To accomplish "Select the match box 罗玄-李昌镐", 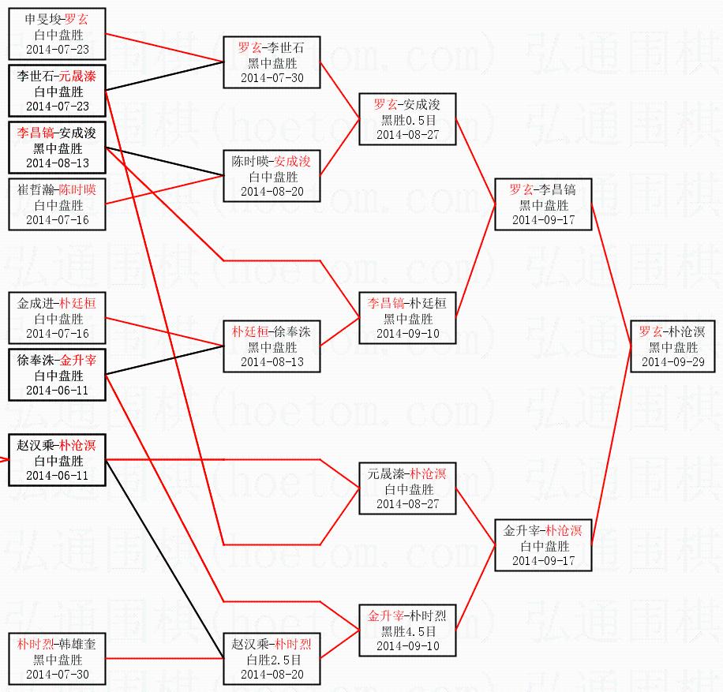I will [542, 204].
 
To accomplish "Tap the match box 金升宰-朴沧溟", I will [542, 545].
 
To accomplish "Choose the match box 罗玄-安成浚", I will [407, 119].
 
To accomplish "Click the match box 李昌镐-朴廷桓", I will [407, 318].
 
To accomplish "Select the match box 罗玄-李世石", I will [272, 62].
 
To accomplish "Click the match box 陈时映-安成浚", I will [272, 176].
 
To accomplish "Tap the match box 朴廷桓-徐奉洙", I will [272, 346].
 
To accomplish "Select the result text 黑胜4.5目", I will [407, 631].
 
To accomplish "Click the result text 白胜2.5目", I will [272, 660].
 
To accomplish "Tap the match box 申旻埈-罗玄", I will [57, 34].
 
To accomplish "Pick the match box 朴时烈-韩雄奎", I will [57, 659].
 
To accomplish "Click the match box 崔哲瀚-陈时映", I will [57, 204].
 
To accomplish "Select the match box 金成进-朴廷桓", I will [57, 318].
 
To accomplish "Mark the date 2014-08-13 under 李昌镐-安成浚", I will [57, 163].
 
